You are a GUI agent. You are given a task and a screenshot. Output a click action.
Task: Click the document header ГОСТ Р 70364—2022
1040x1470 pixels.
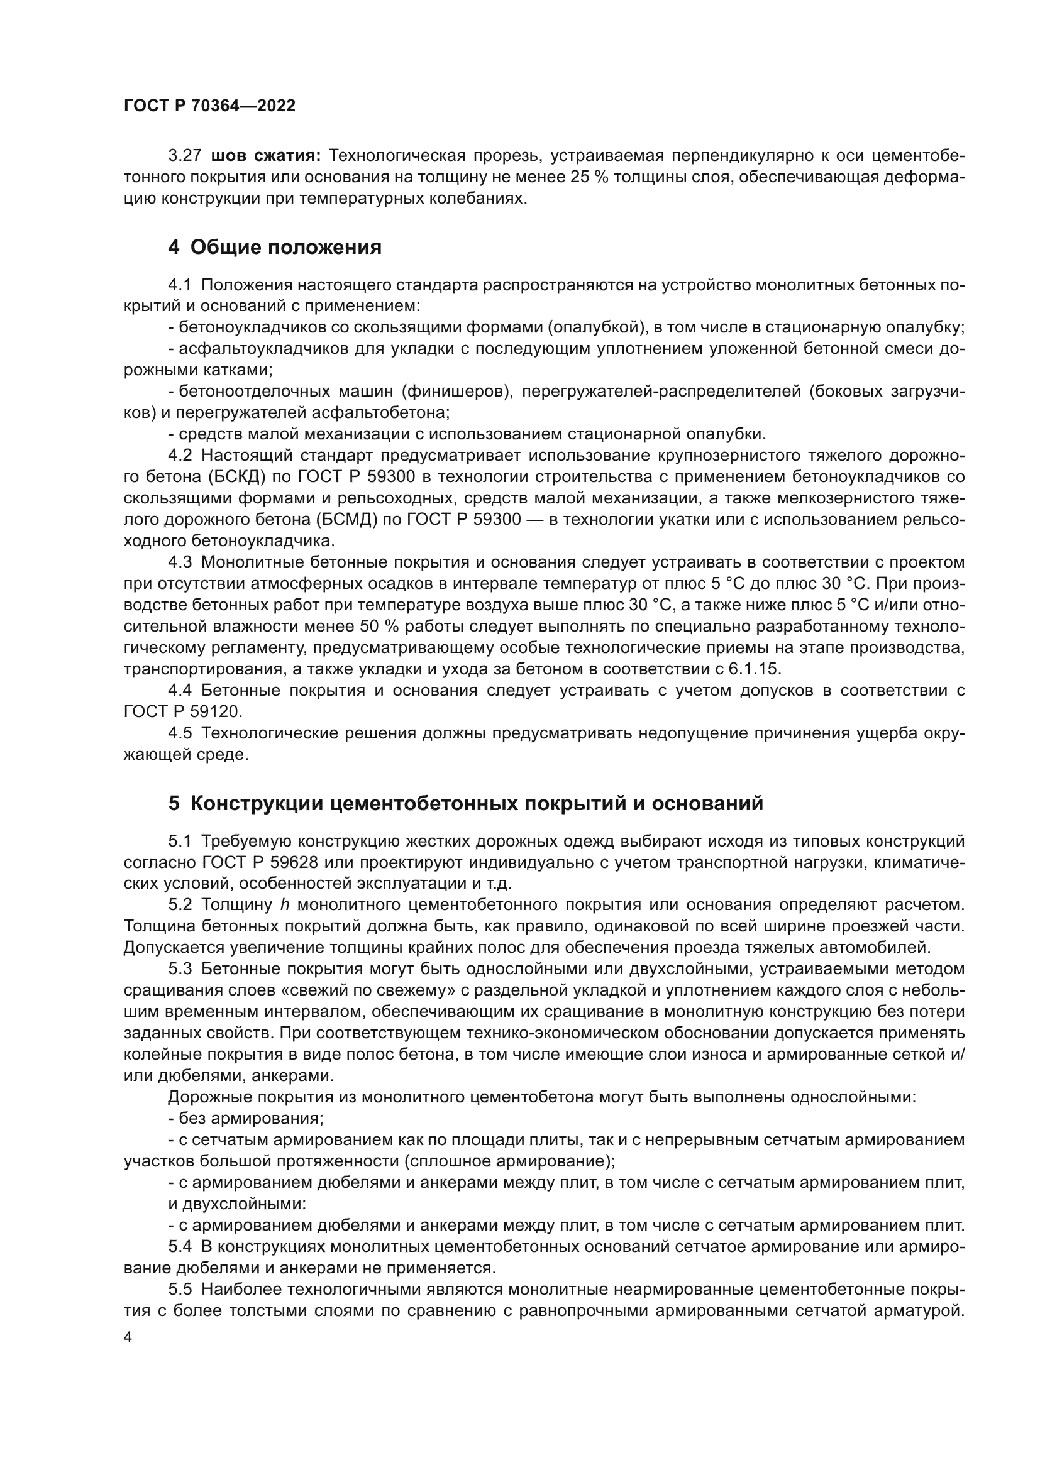(x=209, y=106)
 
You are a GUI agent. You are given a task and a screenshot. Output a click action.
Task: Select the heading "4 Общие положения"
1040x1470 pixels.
(x=275, y=247)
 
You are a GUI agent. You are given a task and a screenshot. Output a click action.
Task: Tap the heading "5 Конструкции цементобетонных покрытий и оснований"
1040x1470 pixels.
(x=465, y=803)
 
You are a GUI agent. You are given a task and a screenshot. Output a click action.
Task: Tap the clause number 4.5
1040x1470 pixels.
(x=180, y=733)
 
